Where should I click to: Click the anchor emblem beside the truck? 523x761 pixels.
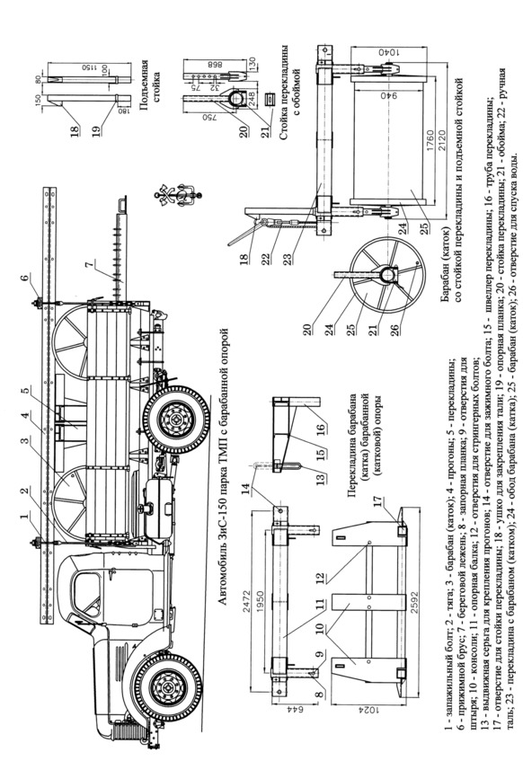pyautogui.click(x=178, y=195)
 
